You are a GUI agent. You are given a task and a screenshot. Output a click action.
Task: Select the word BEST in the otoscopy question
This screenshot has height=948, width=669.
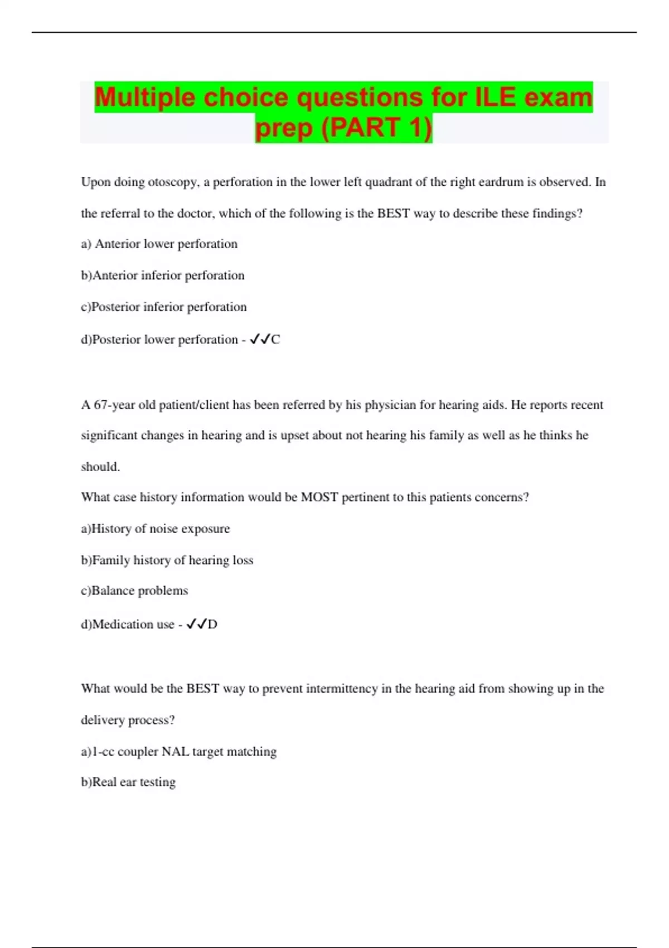click(394, 214)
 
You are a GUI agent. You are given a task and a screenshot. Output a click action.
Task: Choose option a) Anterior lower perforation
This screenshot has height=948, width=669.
click(159, 244)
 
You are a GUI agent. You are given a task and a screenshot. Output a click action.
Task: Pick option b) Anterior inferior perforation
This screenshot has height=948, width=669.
click(163, 275)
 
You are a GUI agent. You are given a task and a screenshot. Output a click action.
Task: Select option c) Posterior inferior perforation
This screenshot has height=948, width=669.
click(164, 307)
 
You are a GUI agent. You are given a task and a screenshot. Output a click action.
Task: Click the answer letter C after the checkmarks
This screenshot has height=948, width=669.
click(275, 340)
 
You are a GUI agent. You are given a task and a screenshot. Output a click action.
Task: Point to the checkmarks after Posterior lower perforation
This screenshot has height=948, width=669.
click(260, 339)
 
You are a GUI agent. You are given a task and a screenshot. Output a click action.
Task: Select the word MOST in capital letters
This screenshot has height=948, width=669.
click(319, 497)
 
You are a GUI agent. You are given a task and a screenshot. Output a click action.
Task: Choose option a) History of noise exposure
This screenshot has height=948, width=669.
click(156, 529)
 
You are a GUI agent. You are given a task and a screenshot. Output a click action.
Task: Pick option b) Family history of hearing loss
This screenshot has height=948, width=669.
click(167, 560)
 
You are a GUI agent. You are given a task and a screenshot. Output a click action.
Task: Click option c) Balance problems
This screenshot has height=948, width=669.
click(134, 591)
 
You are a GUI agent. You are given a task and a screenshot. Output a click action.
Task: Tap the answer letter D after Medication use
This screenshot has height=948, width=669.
click(212, 625)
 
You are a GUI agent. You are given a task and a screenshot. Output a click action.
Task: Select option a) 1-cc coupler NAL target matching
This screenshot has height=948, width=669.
click(179, 752)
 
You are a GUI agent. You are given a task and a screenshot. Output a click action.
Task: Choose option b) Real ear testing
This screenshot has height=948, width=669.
click(128, 782)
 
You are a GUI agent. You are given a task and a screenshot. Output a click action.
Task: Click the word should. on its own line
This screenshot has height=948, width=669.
click(100, 467)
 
